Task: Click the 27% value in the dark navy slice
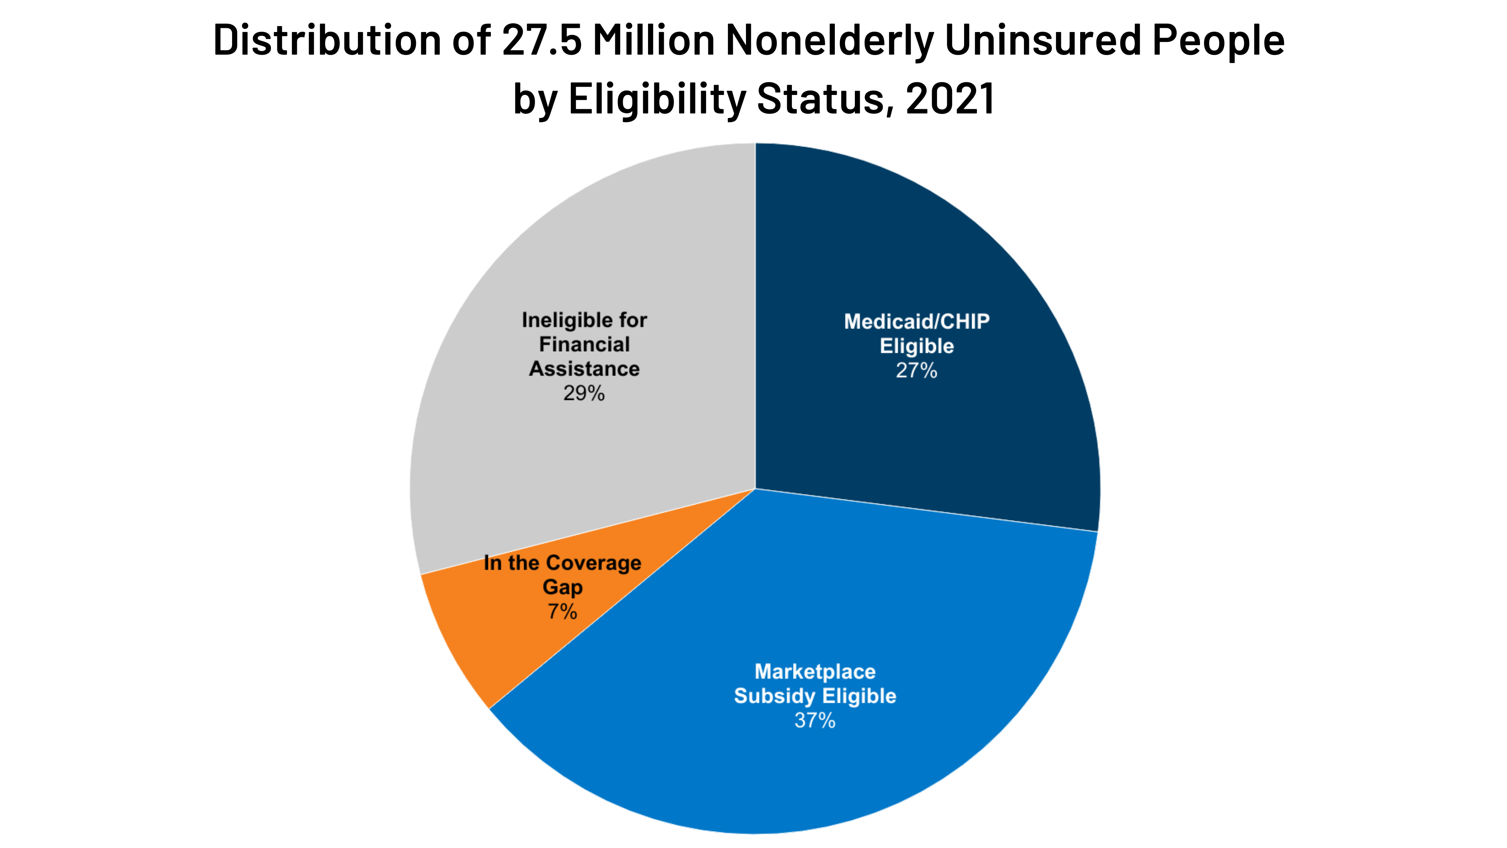[916, 370]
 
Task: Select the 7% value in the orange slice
[562, 612]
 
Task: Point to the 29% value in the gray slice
[584, 393]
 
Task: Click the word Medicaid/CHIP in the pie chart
[916, 321]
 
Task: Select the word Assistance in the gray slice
[584, 369]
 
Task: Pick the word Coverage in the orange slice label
[593, 563]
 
